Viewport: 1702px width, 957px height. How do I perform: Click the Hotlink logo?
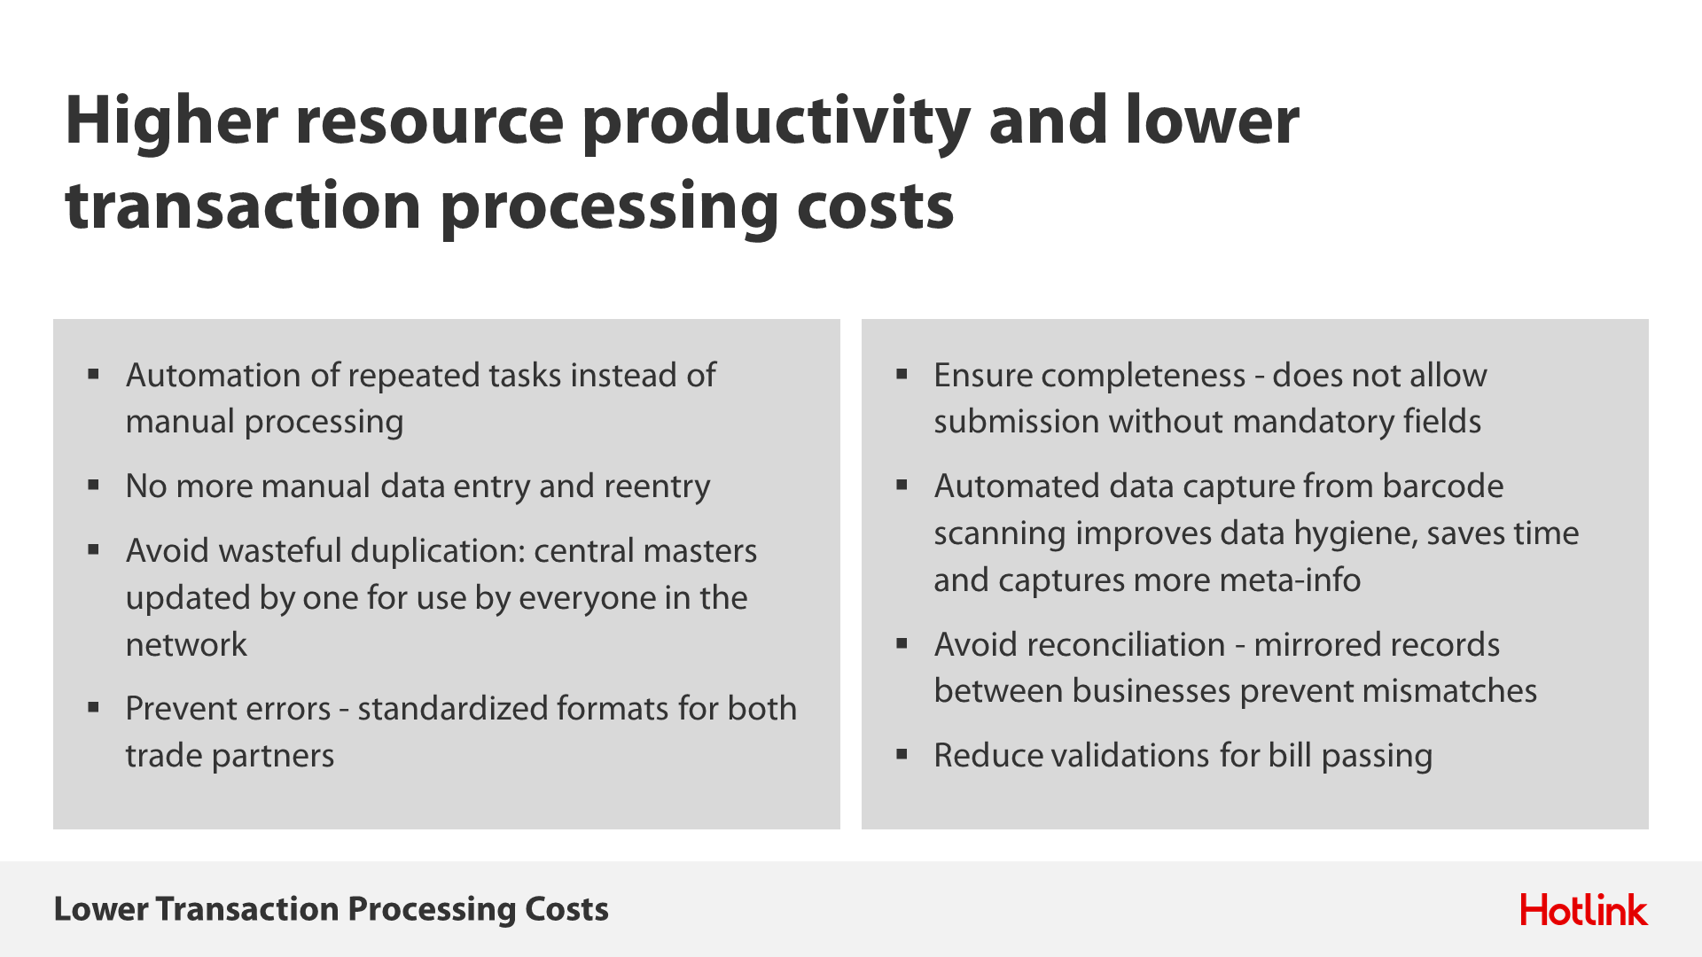(1584, 909)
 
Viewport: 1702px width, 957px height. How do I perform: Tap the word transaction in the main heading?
(243, 206)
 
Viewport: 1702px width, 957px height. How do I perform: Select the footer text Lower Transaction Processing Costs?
(332, 909)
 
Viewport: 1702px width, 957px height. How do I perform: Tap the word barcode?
(1443, 486)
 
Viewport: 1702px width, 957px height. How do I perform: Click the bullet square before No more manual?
(93, 485)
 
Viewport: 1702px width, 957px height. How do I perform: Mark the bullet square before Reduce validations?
(902, 754)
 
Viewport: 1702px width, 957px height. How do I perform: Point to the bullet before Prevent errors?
(93, 707)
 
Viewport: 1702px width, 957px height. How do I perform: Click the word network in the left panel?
(186, 645)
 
